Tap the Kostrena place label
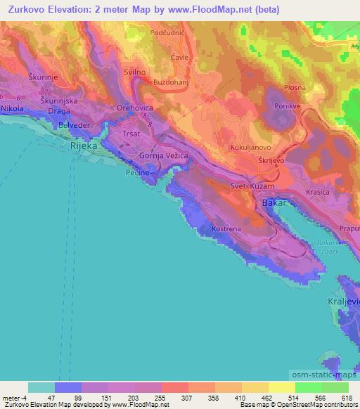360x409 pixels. [226, 230]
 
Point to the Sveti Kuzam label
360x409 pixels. [250, 186]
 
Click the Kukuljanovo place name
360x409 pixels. [252, 148]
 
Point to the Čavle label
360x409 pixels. [180, 58]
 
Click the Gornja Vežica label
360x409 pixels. [161, 155]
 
